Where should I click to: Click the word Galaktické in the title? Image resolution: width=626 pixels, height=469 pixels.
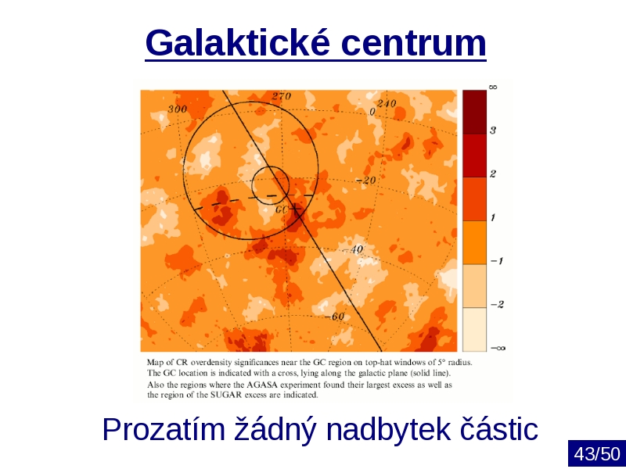tap(238, 42)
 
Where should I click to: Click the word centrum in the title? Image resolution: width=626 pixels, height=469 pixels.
tap(414, 43)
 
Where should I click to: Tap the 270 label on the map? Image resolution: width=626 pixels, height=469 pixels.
tap(282, 96)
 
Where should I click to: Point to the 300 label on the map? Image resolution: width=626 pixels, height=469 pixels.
tap(178, 109)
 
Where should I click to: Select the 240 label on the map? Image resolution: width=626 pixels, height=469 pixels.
tap(387, 104)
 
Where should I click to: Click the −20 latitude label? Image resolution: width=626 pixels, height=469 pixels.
tap(365, 181)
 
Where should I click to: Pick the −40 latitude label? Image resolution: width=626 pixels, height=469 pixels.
tap(353, 249)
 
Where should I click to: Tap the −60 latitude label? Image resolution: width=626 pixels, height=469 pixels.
tap(334, 317)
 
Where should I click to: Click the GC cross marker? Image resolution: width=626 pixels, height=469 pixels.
tap(295, 208)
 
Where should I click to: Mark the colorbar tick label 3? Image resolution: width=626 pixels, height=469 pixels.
tap(493, 131)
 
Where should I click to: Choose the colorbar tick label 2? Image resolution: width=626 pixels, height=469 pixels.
tap(493, 174)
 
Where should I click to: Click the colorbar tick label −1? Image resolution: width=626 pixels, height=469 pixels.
tap(497, 261)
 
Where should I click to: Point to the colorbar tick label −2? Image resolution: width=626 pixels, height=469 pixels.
tap(497, 304)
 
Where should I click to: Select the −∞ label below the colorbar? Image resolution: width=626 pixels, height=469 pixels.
tap(498, 348)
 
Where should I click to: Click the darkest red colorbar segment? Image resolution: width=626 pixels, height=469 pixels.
tap(475, 112)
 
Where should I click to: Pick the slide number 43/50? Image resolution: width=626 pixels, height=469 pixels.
tap(597, 454)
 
